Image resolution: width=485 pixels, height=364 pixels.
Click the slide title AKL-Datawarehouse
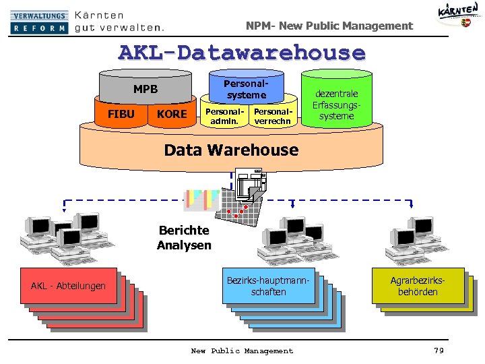(242, 53)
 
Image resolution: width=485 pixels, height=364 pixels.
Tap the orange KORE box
(171, 114)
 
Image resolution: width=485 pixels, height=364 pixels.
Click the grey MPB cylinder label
(145, 88)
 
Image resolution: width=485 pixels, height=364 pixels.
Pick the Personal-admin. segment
(220, 116)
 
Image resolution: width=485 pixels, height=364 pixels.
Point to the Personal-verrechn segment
(272, 116)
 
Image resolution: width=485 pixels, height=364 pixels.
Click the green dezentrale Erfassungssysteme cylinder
(336, 104)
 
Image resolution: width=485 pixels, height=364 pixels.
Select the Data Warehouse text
(231, 150)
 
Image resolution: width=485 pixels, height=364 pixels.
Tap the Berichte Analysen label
(184, 237)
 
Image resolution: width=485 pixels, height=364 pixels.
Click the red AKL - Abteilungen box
(68, 286)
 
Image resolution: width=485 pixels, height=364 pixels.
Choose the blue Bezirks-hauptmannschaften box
(268, 286)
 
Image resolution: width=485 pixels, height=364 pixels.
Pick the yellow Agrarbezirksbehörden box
(418, 286)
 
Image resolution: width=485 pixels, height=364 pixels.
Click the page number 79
(439, 351)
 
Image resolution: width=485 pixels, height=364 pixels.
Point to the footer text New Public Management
(242, 351)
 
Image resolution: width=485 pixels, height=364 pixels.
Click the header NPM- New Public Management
(329, 26)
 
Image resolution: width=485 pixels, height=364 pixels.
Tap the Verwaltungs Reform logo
(40, 22)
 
